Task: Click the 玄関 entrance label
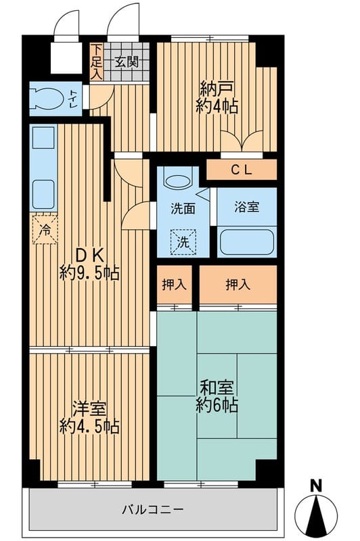[x=127, y=62]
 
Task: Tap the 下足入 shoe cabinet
[x=97, y=62]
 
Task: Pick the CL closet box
[x=242, y=170]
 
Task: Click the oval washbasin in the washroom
[x=178, y=182]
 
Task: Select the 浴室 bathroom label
[x=246, y=208]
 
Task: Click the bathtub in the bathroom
[x=246, y=241]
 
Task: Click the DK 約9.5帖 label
[x=89, y=264]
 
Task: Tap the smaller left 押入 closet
[x=175, y=285]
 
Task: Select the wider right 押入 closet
[x=238, y=285]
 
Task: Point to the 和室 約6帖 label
[x=217, y=396]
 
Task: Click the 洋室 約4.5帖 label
[x=89, y=417]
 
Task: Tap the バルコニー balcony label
[x=152, y=509]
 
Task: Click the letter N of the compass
[x=316, y=485]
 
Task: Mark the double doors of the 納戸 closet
[x=242, y=141]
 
